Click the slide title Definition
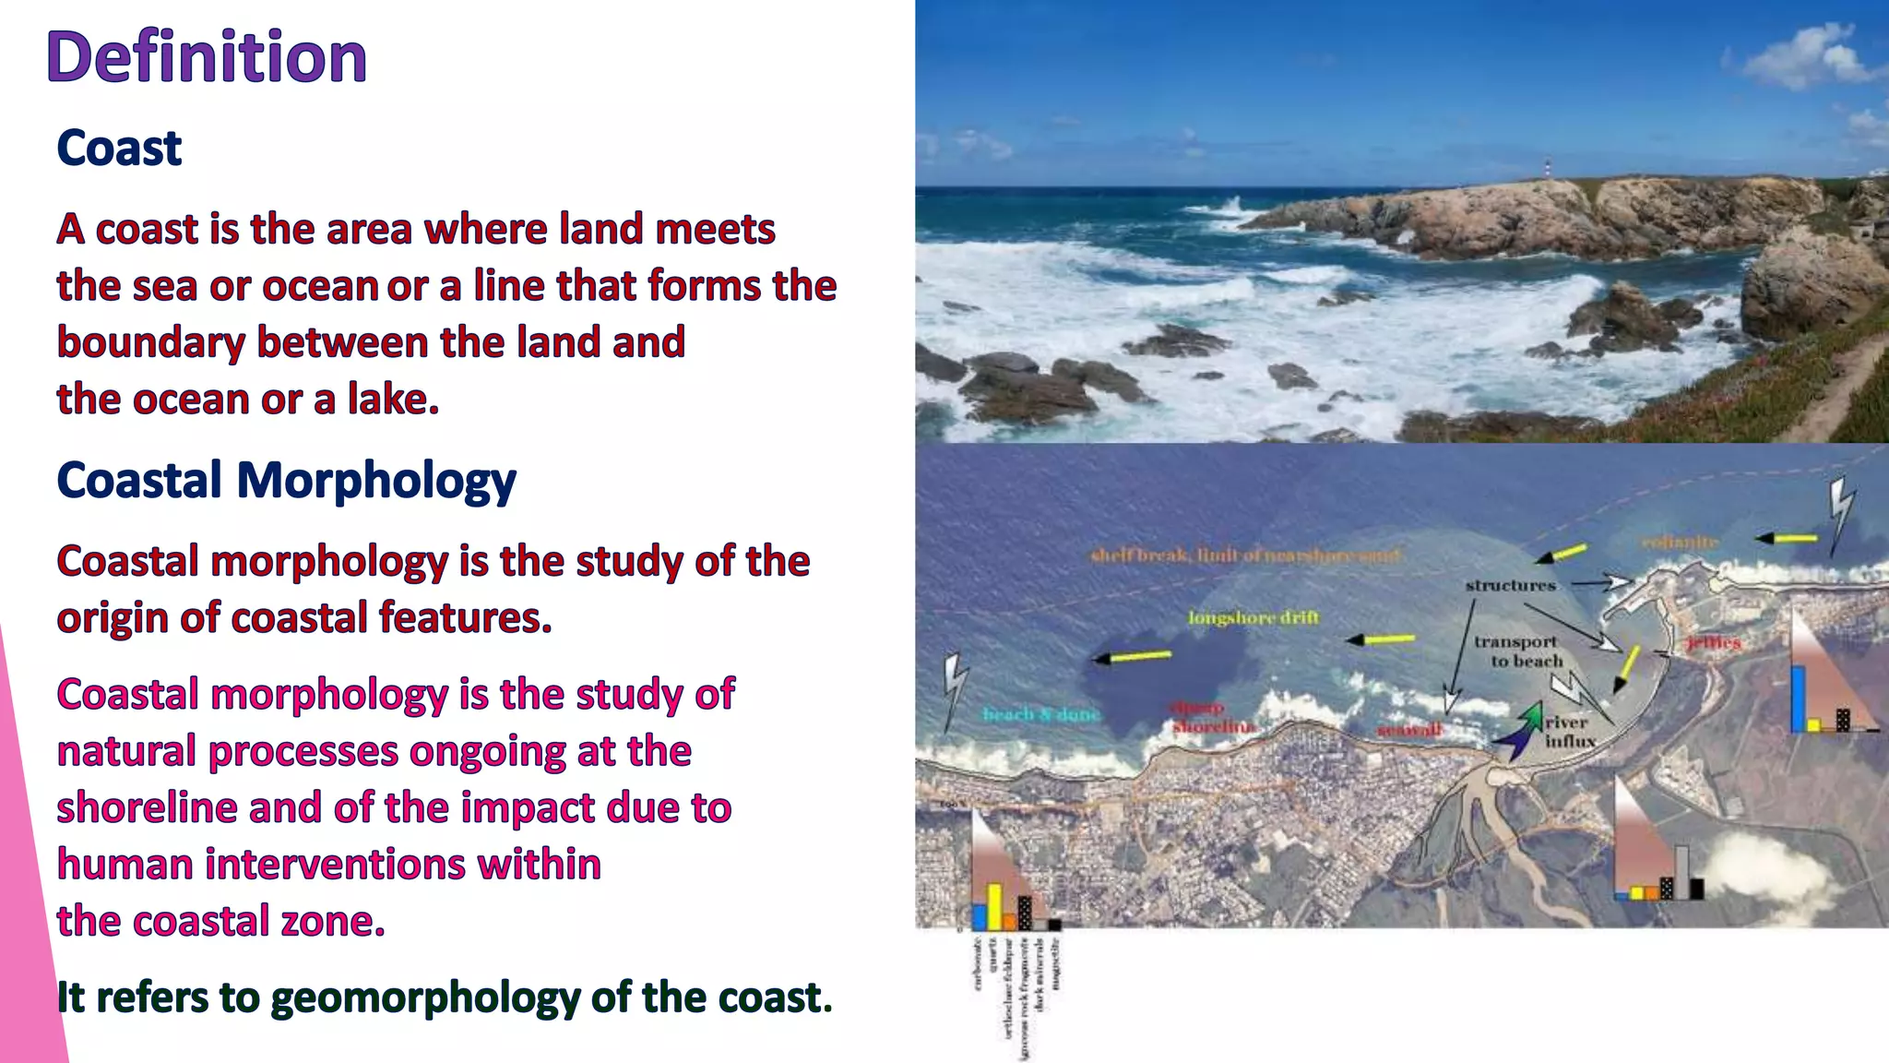207,57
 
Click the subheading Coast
119,148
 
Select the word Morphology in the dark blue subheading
376,481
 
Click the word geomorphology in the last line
425,997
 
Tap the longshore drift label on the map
1253,617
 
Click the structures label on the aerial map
1510,585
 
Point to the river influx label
1568,732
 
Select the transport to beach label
1517,651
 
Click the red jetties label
1713,642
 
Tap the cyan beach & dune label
1040,714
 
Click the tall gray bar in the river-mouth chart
1681,872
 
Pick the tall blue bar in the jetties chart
1798,698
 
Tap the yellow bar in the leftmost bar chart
994,906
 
